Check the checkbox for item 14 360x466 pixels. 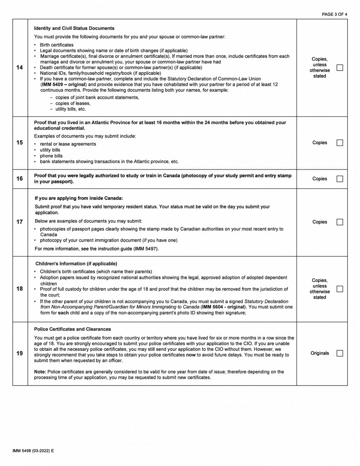[340, 68]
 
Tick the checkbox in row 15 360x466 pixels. [340, 143]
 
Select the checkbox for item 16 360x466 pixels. [340, 179]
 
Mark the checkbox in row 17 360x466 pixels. [340, 222]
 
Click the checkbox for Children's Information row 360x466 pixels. [340, 289]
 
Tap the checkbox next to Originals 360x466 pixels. [340, 353]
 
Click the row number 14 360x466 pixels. [20, 68]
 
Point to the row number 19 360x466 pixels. [20, 353]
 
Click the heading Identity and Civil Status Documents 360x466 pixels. [74, 28]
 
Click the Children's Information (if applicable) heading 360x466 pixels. [76, 263]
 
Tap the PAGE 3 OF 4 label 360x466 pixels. [334, 14]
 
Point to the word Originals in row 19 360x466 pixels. [320, 353]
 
